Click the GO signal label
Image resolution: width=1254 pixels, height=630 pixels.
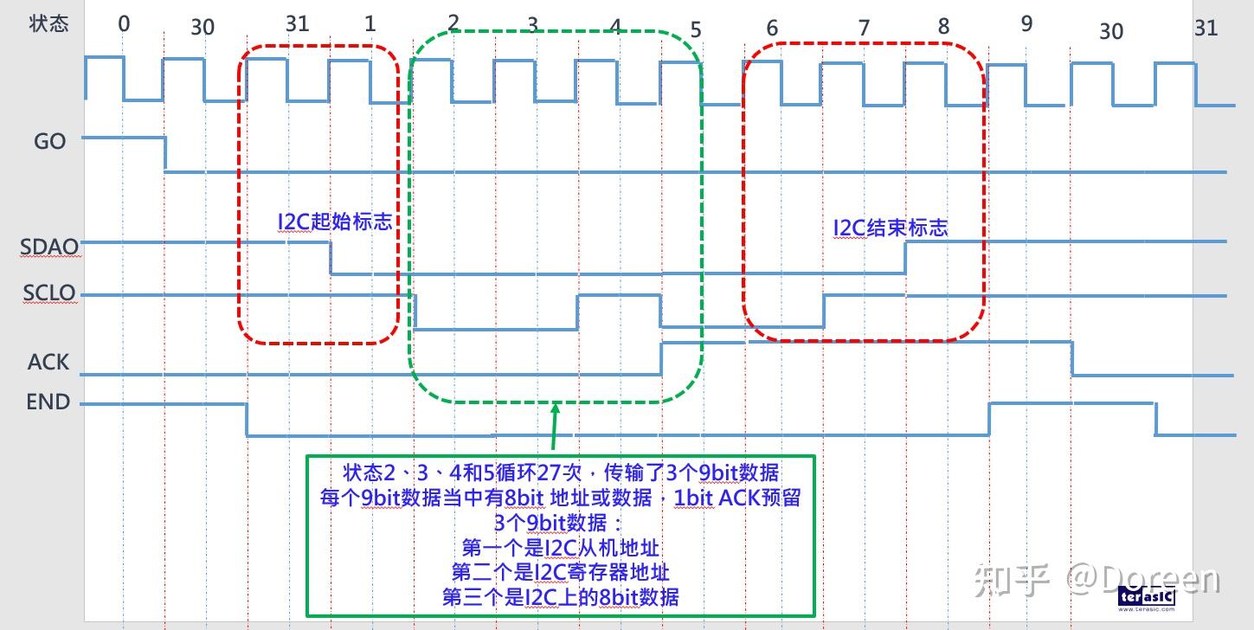[x=49, y=141]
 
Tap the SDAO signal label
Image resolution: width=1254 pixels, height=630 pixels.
[x=49, y=247]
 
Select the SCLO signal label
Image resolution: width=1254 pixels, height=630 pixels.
[x=49, y=293]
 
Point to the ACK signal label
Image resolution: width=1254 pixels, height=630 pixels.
[x=48, y=361]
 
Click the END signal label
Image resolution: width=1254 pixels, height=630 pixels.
[x=48, y=402]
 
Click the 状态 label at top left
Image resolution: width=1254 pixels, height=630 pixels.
[x=48, y=23]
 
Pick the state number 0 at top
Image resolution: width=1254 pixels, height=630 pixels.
[x=124, y=23]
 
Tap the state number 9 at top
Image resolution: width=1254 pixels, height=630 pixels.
[x=1026, y=23]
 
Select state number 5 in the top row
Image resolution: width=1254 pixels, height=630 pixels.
[x=696, y=30]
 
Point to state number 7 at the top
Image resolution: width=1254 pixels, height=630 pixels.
[x=863, y=29]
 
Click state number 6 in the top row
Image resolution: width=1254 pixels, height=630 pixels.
[x=772, y=29]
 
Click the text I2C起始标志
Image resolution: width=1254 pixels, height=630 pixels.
[x=335, y=222]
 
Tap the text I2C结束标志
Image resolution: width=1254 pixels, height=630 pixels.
[x=891, y=228]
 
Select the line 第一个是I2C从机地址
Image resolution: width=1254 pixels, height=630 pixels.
[x=561, y=548]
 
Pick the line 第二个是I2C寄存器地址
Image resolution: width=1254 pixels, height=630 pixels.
[x=561, y=572]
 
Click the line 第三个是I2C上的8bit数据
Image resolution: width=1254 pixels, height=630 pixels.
[x=561, y=597]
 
